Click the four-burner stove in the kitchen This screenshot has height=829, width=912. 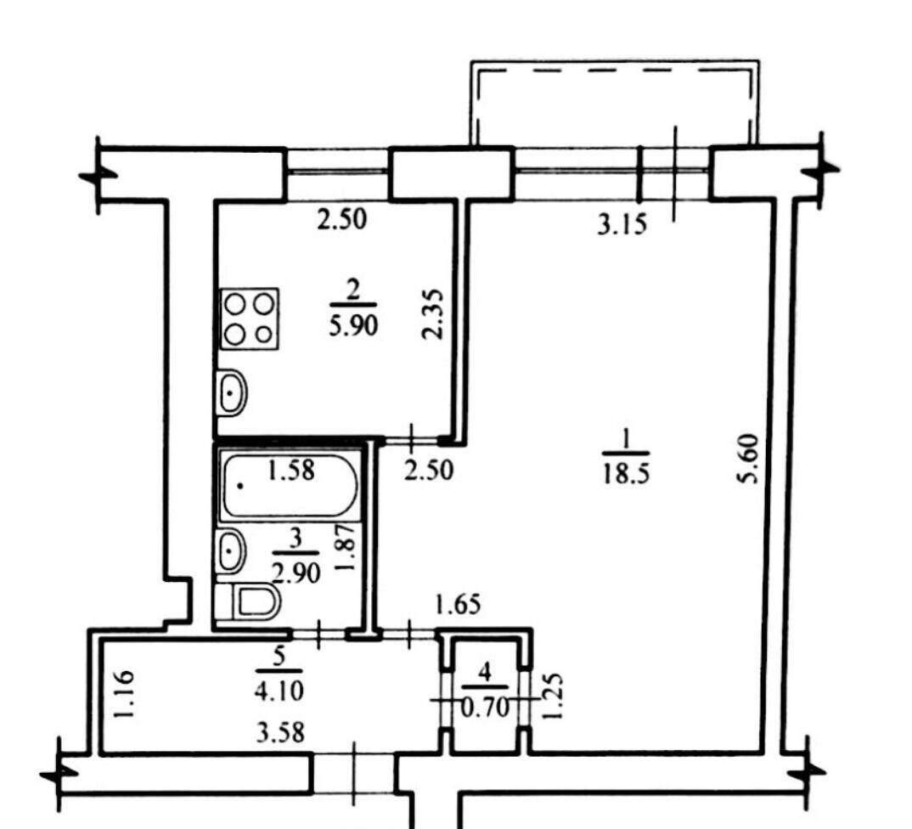(x=250, y=319)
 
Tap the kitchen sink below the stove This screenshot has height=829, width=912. (x=232, y=392)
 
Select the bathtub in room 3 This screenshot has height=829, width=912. (x=289, y=486)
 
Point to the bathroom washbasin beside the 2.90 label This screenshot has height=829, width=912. (x=231, y=550)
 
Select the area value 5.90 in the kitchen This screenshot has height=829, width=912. (x=353, y=326)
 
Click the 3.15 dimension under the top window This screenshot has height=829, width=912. (x=622, y=224)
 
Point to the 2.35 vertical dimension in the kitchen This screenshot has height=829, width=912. (x=433, y=314)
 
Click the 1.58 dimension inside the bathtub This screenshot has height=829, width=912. (x=290, y=470)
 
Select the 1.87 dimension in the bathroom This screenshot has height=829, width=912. (x=346, y=548)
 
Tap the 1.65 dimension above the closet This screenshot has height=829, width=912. (x=459, y=605)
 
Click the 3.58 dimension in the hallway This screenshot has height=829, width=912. (x=280, y=732)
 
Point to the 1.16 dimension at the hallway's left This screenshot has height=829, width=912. (x=124, y=695)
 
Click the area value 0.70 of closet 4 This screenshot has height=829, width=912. (x=485, y=708)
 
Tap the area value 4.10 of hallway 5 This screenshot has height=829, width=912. (x=279, y=691)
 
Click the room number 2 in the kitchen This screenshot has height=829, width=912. (x=352, y=290)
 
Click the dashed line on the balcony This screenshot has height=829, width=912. (x=614, y=70)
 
